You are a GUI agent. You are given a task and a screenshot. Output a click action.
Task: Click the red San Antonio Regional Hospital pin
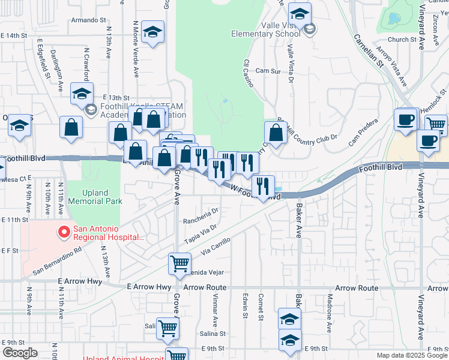64,232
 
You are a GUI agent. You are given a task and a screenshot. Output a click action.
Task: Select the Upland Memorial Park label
93,197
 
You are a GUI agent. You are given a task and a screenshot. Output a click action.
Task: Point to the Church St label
402,40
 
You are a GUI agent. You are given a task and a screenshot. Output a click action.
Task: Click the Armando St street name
88,20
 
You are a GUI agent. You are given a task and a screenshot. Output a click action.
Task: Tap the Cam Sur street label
268,71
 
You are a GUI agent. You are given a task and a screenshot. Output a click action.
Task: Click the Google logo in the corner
20,353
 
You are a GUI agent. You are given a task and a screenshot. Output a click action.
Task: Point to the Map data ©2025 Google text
412,355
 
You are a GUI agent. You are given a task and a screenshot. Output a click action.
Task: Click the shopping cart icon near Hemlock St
436,124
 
